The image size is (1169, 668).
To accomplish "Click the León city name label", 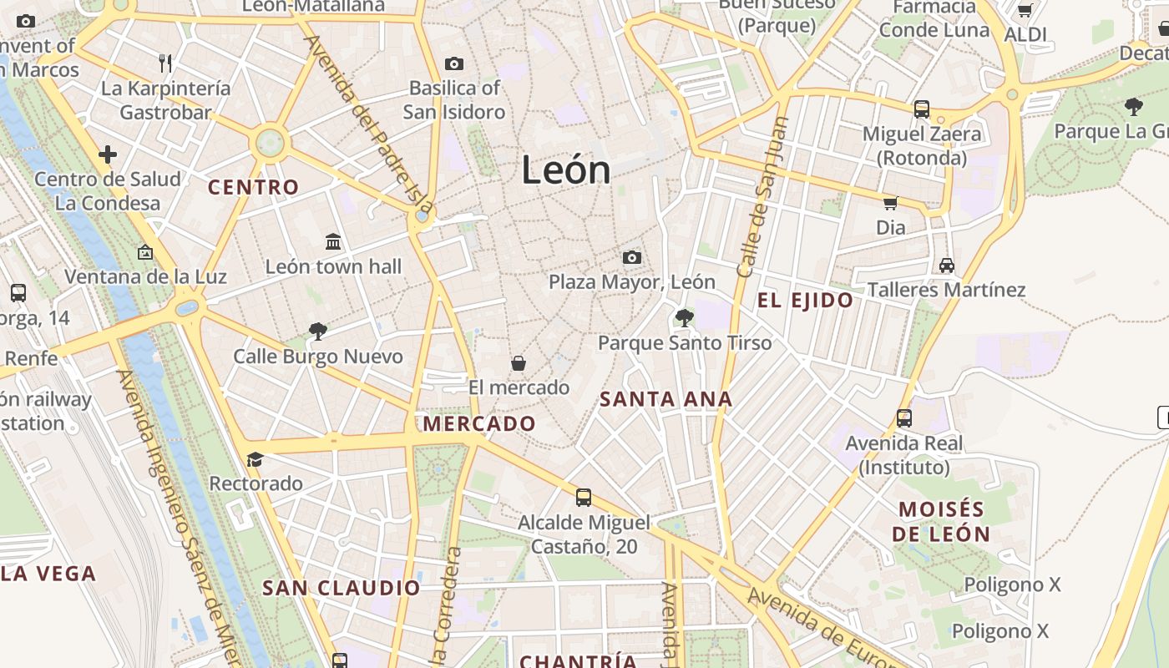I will click(566, 170).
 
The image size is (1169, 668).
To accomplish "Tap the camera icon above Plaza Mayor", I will click(632, 257).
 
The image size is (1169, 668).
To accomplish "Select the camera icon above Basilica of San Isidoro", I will click(454, 63).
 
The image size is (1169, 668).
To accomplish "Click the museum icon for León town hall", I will click(333, 242).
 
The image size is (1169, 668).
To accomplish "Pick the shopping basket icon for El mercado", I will click(519, 363).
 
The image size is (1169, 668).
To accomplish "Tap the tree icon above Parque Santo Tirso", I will click(684, 317).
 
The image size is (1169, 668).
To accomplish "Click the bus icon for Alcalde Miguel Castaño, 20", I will click(584, 498).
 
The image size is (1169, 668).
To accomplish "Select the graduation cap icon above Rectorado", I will click(255, 459).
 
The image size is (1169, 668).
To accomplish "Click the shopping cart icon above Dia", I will click(890, 203).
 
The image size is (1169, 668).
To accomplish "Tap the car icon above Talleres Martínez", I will click(946, 266).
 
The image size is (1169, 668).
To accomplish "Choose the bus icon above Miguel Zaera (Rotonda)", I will click(922, 109).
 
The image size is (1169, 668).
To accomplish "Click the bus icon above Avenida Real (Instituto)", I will click(903, 418).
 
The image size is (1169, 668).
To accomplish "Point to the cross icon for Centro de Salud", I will click(108, 154).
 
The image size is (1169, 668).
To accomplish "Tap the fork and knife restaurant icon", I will click(165, 63).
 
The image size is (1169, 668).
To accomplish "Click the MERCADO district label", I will click(479, 423).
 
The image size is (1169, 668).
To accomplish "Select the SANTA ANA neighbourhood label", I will click(666, 399).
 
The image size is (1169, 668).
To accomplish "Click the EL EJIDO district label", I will click(806, 301).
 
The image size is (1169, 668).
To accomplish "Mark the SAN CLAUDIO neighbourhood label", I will click(342, 588).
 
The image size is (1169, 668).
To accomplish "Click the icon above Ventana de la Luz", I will click(145, 251).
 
